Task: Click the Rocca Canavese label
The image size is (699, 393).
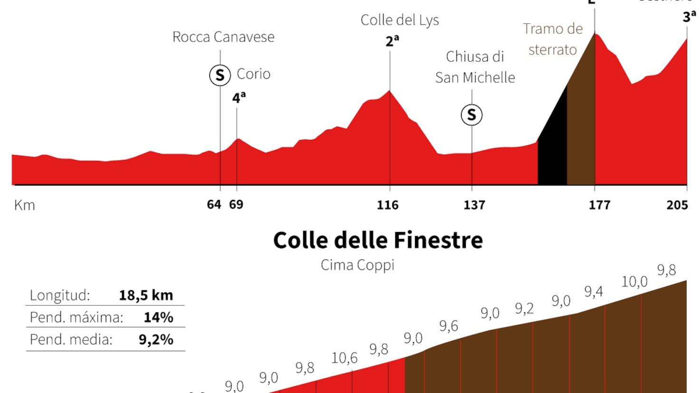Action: (x=223, y=37)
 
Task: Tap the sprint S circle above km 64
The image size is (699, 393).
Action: (x=220, y=75)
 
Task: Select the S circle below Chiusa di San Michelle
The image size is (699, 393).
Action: (x=472, y=115)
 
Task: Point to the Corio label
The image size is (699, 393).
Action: (x=254, y=74)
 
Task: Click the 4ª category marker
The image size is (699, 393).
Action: (x=238, y=97)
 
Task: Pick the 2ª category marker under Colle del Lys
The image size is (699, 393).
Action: (x=392, y=41)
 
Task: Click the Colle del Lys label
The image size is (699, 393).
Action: (x=399, y=20)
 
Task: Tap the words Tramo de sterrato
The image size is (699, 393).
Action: (x=553, y=39)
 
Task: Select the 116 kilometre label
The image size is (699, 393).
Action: (x=387, y=205)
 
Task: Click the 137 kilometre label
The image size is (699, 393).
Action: (x=474, y=205)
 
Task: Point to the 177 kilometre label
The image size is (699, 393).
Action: (x=599, y=205)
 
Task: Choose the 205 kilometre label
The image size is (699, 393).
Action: (x=677, y=205)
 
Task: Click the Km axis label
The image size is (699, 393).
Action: (x=25, y=205)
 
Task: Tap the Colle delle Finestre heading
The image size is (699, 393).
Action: (x=378, y=240)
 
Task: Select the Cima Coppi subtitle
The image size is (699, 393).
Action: (x=358, y=265)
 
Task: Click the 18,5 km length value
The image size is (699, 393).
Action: (x=146, y=295)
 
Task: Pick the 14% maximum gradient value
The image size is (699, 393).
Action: (x=159, y=317)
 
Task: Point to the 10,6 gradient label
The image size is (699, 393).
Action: (x=344, y=357)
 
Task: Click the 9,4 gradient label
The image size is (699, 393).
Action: (x=594, y=291)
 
